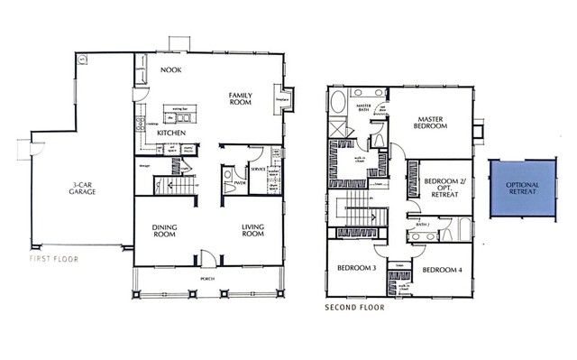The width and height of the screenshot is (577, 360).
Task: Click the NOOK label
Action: click(171, 69)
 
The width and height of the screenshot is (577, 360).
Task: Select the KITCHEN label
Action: click(171, 133)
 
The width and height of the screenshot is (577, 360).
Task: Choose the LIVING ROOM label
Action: click(252, 230)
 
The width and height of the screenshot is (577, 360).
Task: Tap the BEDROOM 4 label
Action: click(443, 270)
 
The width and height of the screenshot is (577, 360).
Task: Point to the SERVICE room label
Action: click(258, 169)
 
